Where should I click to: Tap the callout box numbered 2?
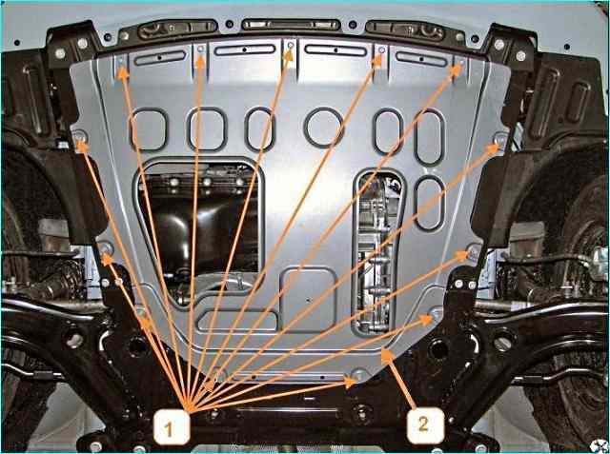[x=426, y=425]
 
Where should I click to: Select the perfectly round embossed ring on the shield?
[x=324, y=128]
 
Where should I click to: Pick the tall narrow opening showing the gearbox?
[x=376, y=251]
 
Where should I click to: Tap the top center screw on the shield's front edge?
[x=291, y=46]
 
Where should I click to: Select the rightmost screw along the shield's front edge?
[x=461, y=63]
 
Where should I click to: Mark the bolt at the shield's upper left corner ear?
[x=80, y=137]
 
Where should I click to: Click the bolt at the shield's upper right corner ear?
[x=500, y=138]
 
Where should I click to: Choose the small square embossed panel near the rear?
[x=308, y=299]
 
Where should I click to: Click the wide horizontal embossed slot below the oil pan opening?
[x=237, y=321]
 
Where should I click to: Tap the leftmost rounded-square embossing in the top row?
[x=149, y=128]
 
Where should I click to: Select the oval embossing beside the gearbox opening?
[x=429, y=204]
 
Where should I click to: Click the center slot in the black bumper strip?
[x=291, y=25]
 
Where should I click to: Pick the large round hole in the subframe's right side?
[x=438, y=348]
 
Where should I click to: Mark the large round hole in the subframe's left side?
[x=137, y=346]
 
